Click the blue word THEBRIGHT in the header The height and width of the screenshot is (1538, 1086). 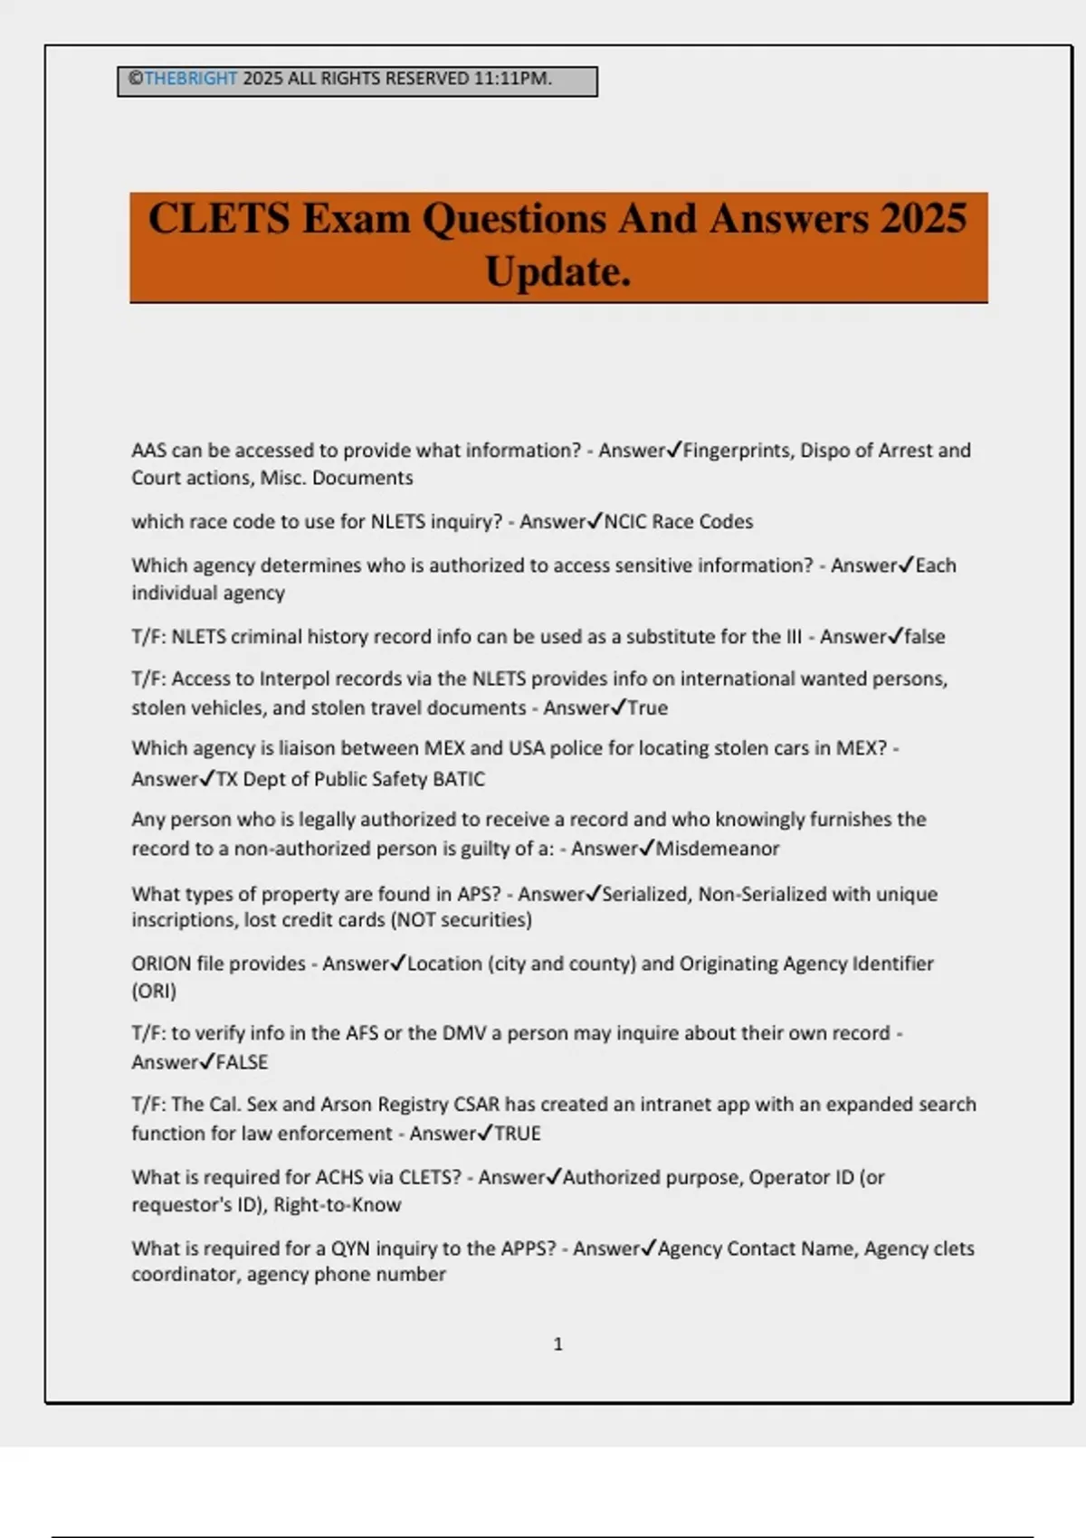click(191, 79)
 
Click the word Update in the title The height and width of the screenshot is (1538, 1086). click(557, 271)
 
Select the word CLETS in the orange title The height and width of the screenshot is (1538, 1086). click(219, 219)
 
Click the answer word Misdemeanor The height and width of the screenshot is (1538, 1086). click(718, 849)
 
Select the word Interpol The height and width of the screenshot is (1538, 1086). click(292, 679)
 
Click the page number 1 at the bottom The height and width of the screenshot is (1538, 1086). click(558, 1344)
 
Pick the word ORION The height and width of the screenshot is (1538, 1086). click(161, 964)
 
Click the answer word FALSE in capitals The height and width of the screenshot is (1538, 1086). click(242, 1062)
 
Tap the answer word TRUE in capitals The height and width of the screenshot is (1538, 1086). click(517, 1134)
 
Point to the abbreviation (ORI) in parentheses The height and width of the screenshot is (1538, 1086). click(154, 991)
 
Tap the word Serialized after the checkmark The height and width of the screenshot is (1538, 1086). click(643, 894)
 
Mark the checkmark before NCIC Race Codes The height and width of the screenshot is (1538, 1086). click(595, 521)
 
